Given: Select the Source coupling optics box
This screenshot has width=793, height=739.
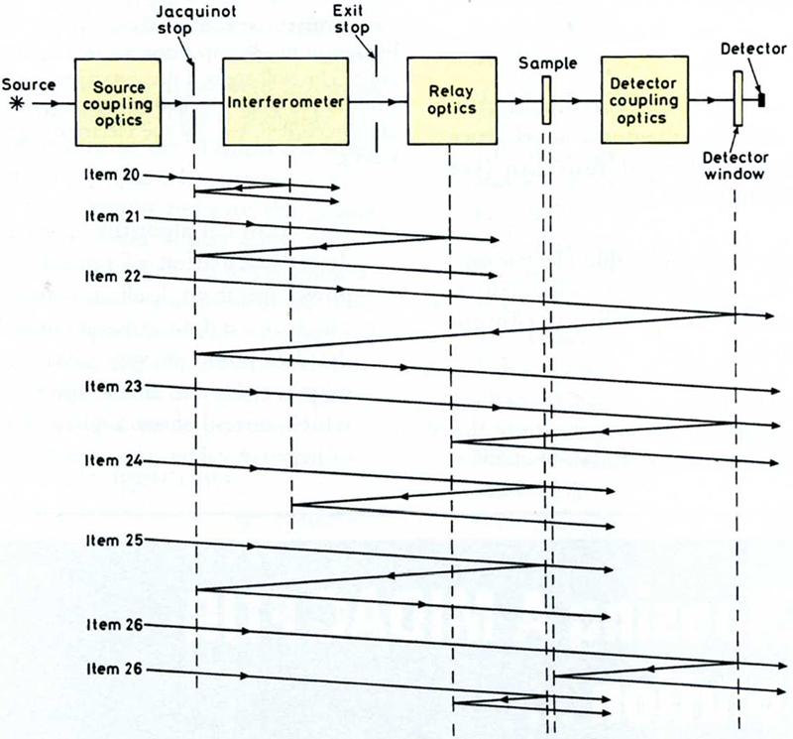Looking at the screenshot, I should (x=122, y=101).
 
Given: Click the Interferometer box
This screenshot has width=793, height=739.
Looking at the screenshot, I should (x=285, y=101).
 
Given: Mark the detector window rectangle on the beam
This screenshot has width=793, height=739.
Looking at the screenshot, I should (x=736, y=99).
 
